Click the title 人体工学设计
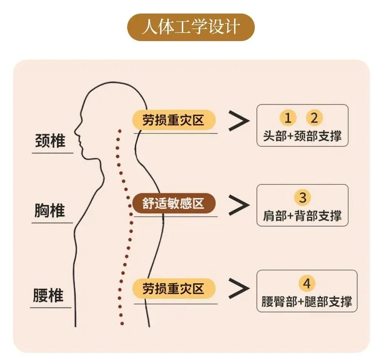191,27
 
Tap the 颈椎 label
50,141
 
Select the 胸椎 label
50,210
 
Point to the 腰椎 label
48,295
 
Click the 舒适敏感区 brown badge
174,203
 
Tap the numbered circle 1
288,118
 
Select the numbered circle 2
314,118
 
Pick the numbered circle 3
303,198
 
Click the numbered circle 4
307,283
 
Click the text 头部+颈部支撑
302,136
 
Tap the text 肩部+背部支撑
302,216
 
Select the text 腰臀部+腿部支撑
307,302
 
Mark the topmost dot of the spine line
119,131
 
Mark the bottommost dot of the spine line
122,323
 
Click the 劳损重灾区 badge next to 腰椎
174,288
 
